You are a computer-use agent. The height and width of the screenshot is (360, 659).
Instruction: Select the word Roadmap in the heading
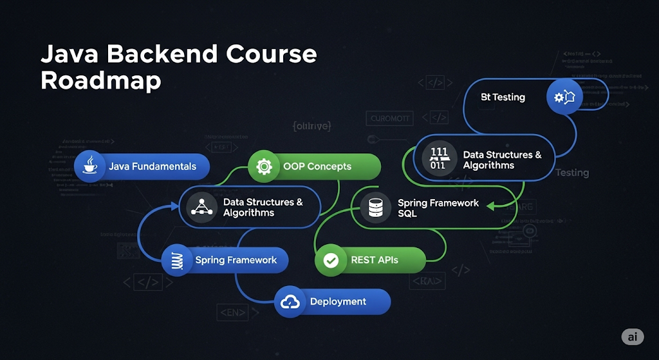click(100, 81)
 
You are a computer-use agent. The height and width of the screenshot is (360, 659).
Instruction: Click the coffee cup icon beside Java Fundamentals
click(90, 166)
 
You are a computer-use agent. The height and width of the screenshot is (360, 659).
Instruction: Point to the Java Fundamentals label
click(153, 166)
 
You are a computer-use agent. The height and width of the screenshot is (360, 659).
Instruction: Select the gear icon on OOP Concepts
click(263, 166)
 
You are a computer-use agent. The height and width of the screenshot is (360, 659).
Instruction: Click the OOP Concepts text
click(317, 166)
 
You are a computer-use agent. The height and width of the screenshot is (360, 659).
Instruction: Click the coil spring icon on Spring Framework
click(176, 260)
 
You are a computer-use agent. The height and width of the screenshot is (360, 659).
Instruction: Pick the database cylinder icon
click(375, 207)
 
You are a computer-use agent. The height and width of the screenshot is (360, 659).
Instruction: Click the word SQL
click(407, 213)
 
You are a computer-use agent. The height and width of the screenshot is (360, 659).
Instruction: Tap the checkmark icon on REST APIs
click(331, 260)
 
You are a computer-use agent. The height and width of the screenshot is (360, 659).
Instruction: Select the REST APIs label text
click(375, 260)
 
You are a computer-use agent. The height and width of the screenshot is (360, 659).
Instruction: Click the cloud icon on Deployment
click(290, 301)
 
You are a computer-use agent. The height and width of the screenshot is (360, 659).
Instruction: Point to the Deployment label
click(338, 301)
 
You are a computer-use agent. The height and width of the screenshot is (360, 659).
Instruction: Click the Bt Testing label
click(503, 97)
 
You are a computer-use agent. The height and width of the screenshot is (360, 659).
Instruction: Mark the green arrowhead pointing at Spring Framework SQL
click(490, 206)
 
